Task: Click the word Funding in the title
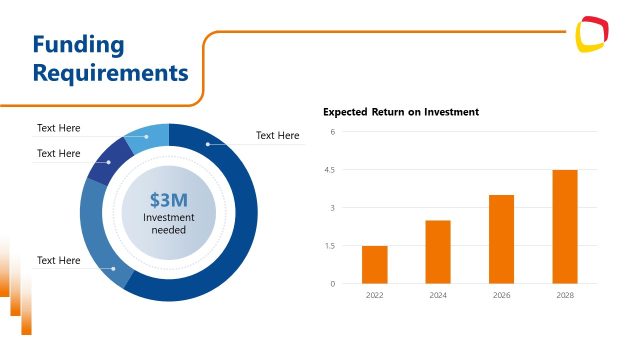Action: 78,45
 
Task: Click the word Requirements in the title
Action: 110,73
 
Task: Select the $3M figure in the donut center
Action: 168,199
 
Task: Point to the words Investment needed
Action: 168,223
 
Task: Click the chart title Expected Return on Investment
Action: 400,112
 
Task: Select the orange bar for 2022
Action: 374,264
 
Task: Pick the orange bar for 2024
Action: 438,251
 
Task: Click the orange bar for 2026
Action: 501,239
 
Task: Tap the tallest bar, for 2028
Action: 565,226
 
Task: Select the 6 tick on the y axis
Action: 331,132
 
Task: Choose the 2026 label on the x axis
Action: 501,296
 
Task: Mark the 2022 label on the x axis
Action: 374,296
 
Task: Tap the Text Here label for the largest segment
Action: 277,135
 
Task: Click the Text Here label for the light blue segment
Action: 58,128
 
